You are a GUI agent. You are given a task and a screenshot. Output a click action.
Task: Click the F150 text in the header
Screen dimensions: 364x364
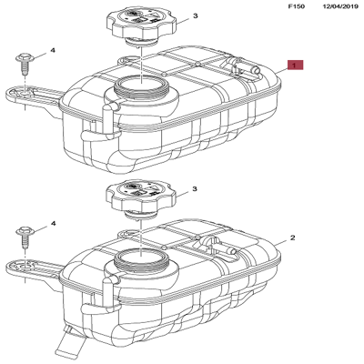(296, 6)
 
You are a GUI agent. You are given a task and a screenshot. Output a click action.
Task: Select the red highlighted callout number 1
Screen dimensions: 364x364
(296, 65)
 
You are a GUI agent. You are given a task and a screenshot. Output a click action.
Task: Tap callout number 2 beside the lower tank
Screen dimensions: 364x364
(292, 238)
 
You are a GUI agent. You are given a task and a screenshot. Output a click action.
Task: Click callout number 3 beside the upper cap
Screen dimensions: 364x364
(196, 15)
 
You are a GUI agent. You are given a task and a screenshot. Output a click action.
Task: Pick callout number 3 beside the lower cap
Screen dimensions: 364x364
(195, 189)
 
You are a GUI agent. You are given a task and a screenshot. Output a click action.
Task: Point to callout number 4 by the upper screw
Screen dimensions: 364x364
(53, 50)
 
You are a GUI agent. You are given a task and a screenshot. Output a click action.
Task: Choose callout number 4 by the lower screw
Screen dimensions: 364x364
(53, 224)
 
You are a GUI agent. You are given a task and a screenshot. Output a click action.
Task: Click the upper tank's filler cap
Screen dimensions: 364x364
(141, 25)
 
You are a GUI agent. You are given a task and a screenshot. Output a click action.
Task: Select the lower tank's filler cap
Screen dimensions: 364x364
(140, 199)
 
